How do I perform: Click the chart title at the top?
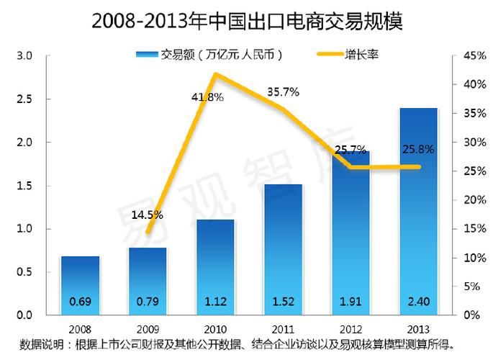click(247, 20)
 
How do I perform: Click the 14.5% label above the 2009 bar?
click(148, 214)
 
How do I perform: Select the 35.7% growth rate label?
click(283, 91)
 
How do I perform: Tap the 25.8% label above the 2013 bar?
click(418, 149)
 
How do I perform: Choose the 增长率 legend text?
click(369, 54)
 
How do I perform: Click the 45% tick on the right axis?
click(471, 55)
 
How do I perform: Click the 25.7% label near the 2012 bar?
click(350, 149)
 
